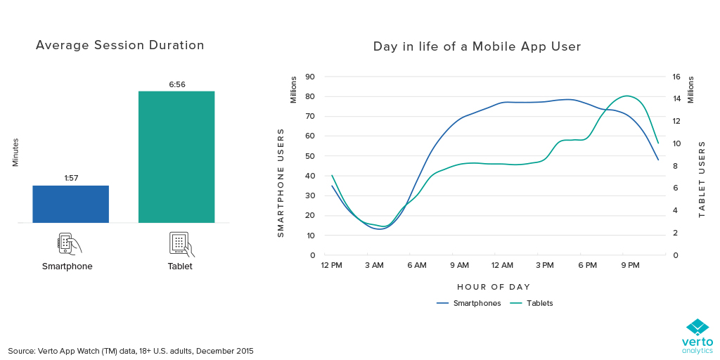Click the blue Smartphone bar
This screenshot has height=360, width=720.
(x=70, y=204)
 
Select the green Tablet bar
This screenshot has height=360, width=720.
(x=176, y=157)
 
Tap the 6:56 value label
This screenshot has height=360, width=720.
(x=176, y=84)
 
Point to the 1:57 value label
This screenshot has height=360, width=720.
(x=70, y=179)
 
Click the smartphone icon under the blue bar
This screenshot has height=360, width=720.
(x=68, y=243)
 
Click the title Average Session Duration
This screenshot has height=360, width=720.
(x=120, y=46)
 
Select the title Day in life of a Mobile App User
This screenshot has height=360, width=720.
(x=477, y=47)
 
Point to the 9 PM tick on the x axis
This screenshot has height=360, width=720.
(x=630, y=266)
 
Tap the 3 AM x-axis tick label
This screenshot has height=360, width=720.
(x=374, y=266)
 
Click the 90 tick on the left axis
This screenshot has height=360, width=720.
(x=309, y=77)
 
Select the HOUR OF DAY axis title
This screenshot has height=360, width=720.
(x=494, y=287)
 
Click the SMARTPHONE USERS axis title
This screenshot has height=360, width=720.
(x=281, y=182)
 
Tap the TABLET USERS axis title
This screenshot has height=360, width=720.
(x=702, y=179)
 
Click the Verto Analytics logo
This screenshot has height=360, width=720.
(x=697, y=337)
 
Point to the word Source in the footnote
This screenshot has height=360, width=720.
(x=22, y=350)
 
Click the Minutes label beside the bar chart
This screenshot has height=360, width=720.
(x=15, y=152)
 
